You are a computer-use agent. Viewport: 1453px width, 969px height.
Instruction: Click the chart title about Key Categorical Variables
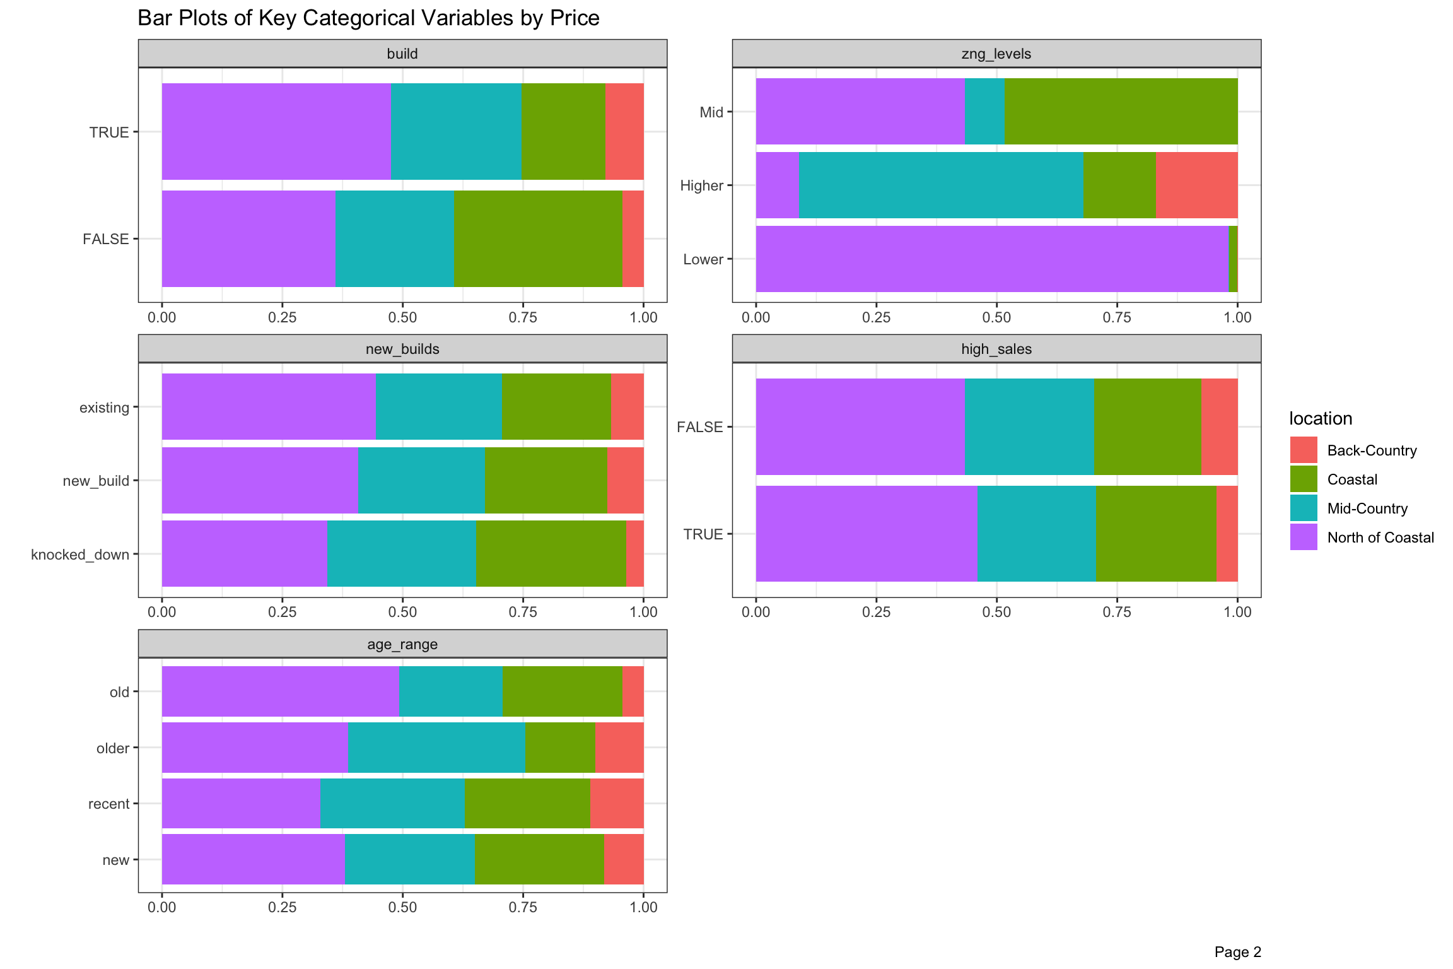point(368,18)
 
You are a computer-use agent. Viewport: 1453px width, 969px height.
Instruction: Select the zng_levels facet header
point(996,54)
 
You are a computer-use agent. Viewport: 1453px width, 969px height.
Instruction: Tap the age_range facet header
point(402,644)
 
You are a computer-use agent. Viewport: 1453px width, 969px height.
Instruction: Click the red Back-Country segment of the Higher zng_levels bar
point(1196,185)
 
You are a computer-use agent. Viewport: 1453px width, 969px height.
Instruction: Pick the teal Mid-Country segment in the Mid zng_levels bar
point(984,112)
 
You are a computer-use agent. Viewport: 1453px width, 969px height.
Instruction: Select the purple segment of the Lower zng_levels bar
point(991,259)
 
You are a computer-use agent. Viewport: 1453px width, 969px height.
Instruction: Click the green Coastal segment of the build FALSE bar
point(537,238)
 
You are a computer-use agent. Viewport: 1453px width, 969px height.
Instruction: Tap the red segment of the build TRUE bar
point(624,131)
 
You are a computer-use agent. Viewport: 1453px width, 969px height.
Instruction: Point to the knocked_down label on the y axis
point(80,555)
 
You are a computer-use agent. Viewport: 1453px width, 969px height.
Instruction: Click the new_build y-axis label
point(96,481)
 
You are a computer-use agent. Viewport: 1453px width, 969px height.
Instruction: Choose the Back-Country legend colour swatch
point(1303,450)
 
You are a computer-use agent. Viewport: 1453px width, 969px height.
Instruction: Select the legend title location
point(1320,418)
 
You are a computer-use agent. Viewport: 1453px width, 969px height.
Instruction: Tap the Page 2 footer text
point(1237,952)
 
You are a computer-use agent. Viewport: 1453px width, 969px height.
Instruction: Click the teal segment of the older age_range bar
point(436,748)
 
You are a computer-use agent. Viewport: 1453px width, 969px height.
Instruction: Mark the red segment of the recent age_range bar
point(616,803)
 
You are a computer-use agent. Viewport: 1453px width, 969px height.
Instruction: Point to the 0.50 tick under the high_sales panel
point(996,612)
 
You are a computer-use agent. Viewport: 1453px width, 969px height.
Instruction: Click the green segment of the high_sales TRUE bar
point(1155,534)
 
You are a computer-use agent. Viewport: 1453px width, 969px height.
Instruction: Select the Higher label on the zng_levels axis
point(701,185)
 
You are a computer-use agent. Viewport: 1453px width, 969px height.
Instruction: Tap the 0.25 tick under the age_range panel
point(282,907)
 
